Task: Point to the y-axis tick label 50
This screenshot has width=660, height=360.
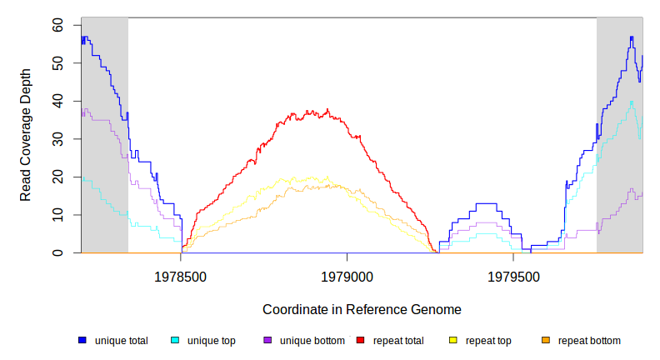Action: pyautogui.click(x=57, y=63)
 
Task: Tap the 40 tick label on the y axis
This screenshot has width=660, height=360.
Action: pyautogui.click(x=57, y=101)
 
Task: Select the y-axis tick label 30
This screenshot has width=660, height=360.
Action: pyautogui.click(x=57, y=139)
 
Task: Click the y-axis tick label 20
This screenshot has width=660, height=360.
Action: pyautogui.click(x=57, y=177)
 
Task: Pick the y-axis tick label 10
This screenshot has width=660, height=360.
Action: pyautogui.click(x=57, y=215)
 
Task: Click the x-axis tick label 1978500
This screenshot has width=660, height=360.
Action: pyautogui.click(x=182, y=276)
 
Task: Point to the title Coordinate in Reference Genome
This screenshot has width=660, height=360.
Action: pyautogui.click(x=362, y=309)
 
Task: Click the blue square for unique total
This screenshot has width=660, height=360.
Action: pyautogui.click(x=82, y=341)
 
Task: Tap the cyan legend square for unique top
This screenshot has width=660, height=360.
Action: pyautogui.click(x=175, y=341)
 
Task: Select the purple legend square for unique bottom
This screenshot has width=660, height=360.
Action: pyautogui.click(x=267, y=341)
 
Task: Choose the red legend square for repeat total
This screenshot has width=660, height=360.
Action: pyautogui.click(x=360, y=341)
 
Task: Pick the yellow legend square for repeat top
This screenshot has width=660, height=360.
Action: pyautogui.click(x=453, y=341)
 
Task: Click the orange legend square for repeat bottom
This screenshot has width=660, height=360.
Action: pyautogui.click(x=546, y=341)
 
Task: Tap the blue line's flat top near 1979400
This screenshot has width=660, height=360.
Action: pyautogui.click(x=486, y=203)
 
